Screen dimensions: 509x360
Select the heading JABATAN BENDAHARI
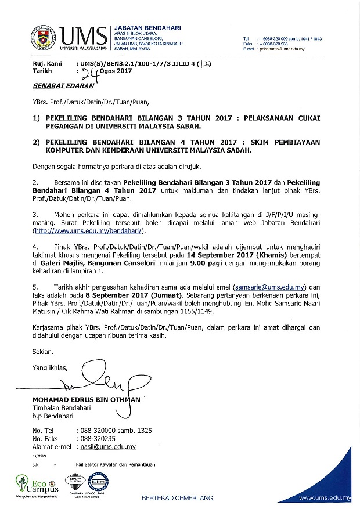point(148,27)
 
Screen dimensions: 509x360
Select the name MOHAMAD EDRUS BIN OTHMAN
point(87,400)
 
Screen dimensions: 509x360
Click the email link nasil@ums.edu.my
point(106,447)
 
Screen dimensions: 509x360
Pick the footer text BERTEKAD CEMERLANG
point(177,498)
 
